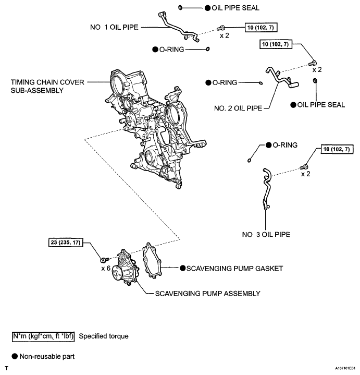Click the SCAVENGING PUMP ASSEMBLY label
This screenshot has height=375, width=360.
point(207,294)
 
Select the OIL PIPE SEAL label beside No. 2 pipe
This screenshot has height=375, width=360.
point(321,104)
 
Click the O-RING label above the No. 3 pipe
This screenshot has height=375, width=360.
point(285,145)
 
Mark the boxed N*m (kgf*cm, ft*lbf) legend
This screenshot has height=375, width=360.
point(44,336)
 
